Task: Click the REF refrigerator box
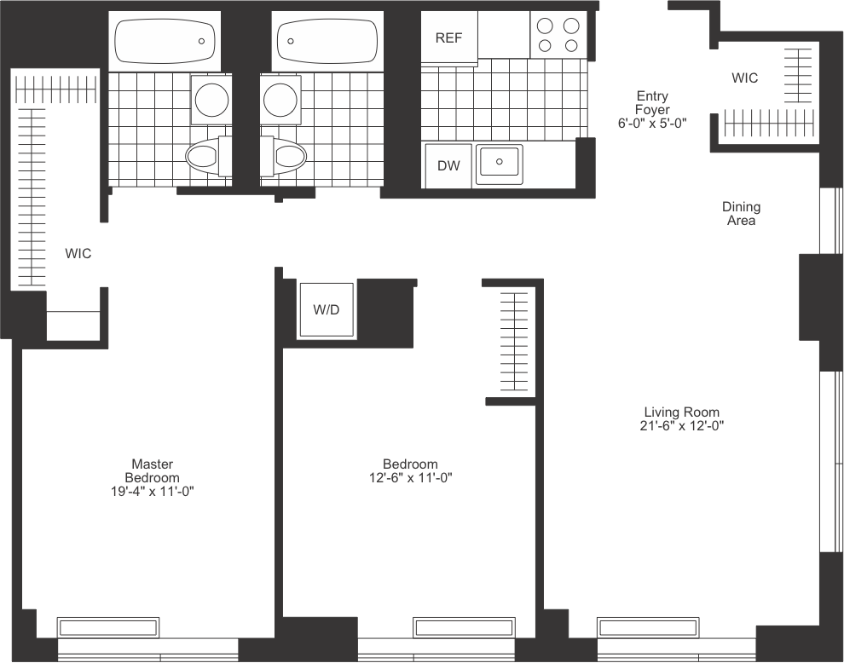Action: pyautogui.click(x=449, y=37)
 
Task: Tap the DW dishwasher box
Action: pyautogui.click(x=448, y=165)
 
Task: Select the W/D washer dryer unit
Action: pyautogui.click(x=326, y=310)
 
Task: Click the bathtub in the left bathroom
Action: pyautogui.click(x=164, y=41)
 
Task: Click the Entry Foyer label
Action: pyautogui.click(x=652, y=110)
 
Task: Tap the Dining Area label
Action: pyautogui.click(x=741, y=213)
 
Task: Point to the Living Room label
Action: pyautogui.click(x=682, y=412)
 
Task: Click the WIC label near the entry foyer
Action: pyautogui.click(x=744, y=78)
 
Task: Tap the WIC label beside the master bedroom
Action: pyautogui.click(x=78, y=253)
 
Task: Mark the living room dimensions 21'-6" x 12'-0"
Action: pyautogui.click(x=682, y=425)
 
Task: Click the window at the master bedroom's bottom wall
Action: pyautogui.click(x=108, y=627)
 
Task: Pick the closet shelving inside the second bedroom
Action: pyautogui.click(x=514, y=342)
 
